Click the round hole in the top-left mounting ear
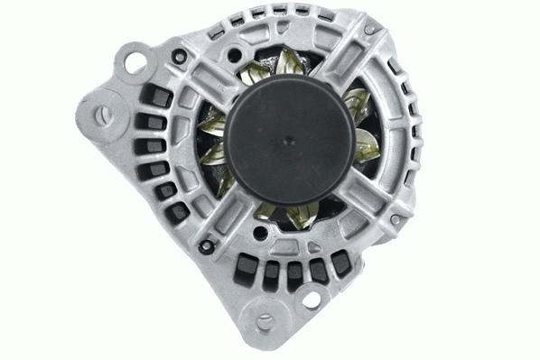coord(136,62)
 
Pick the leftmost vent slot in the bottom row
coord(245,263)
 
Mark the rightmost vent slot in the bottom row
coord(340,263)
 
